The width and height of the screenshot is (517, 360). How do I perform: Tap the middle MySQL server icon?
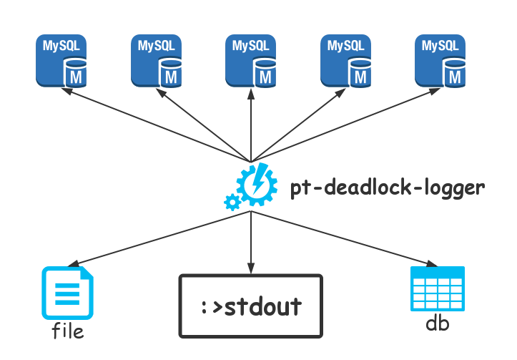pos(251,60)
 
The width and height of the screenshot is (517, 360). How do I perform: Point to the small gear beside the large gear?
pos(232,202)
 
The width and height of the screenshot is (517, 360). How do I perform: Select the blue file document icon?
pos(67,293)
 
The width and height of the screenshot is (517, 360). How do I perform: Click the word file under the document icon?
pos(67,331)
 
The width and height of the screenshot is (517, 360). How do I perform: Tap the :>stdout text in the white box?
pos(250,307)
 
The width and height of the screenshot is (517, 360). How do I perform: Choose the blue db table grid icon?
pos(438,288)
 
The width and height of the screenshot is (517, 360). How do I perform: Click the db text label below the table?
pos(438,324)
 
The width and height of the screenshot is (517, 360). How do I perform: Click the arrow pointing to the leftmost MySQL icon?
pos(157,124)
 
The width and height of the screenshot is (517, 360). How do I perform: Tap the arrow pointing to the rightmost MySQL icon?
pos(343,124)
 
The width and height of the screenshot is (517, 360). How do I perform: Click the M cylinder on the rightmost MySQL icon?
pos(453,74)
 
